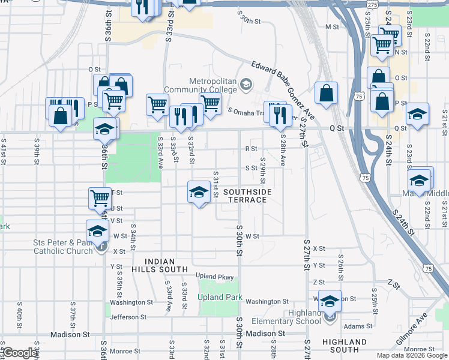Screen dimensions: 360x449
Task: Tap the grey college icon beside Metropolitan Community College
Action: pyautogui.click(x=245, y=84)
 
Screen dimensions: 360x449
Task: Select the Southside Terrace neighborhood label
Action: pyautogui.click(x=247, y=196)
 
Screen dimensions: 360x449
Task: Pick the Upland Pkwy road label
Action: pyautogui.click(x=214, y=276)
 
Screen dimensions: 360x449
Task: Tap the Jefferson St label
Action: pyautogui.click(x=128, y=317)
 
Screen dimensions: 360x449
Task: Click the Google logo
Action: pyautogui.click(x=20, y=353)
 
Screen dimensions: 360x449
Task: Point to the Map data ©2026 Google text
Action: pyautogui.click(x=411, y=355)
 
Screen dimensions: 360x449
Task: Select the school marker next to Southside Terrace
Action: pyautogui.click(x=199, y=192)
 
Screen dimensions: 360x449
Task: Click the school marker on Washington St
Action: pyautogui.click(x=329, y=301)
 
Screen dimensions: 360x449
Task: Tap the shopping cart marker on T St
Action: pyautogui.click(x=100, y=198)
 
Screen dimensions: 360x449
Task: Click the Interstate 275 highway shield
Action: pyautogui.click(x=373, y=5)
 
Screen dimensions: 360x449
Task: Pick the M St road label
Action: pyautogui.click(x=332, y=27)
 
